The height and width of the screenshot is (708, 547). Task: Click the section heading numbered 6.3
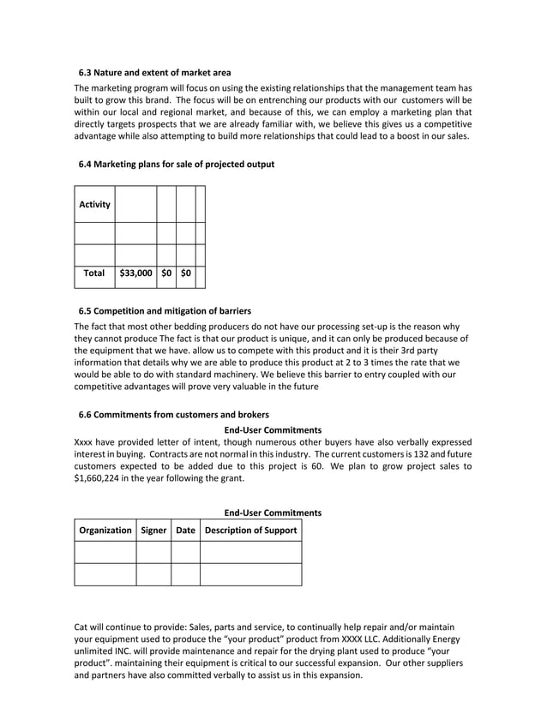154,72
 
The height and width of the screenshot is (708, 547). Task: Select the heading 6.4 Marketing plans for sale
176,165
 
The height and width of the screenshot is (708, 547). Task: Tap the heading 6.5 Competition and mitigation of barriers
165,310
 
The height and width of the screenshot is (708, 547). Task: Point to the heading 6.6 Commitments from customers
173,415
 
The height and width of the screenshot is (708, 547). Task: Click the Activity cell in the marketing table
94,205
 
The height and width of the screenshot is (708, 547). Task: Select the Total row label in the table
94,273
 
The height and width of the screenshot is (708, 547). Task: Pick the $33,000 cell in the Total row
135,273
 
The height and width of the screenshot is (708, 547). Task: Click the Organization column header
105,531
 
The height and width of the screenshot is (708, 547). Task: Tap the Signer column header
153,531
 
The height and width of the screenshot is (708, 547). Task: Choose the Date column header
185,531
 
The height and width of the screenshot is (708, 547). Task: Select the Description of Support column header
251,531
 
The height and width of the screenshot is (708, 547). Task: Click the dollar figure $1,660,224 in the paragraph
105,479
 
